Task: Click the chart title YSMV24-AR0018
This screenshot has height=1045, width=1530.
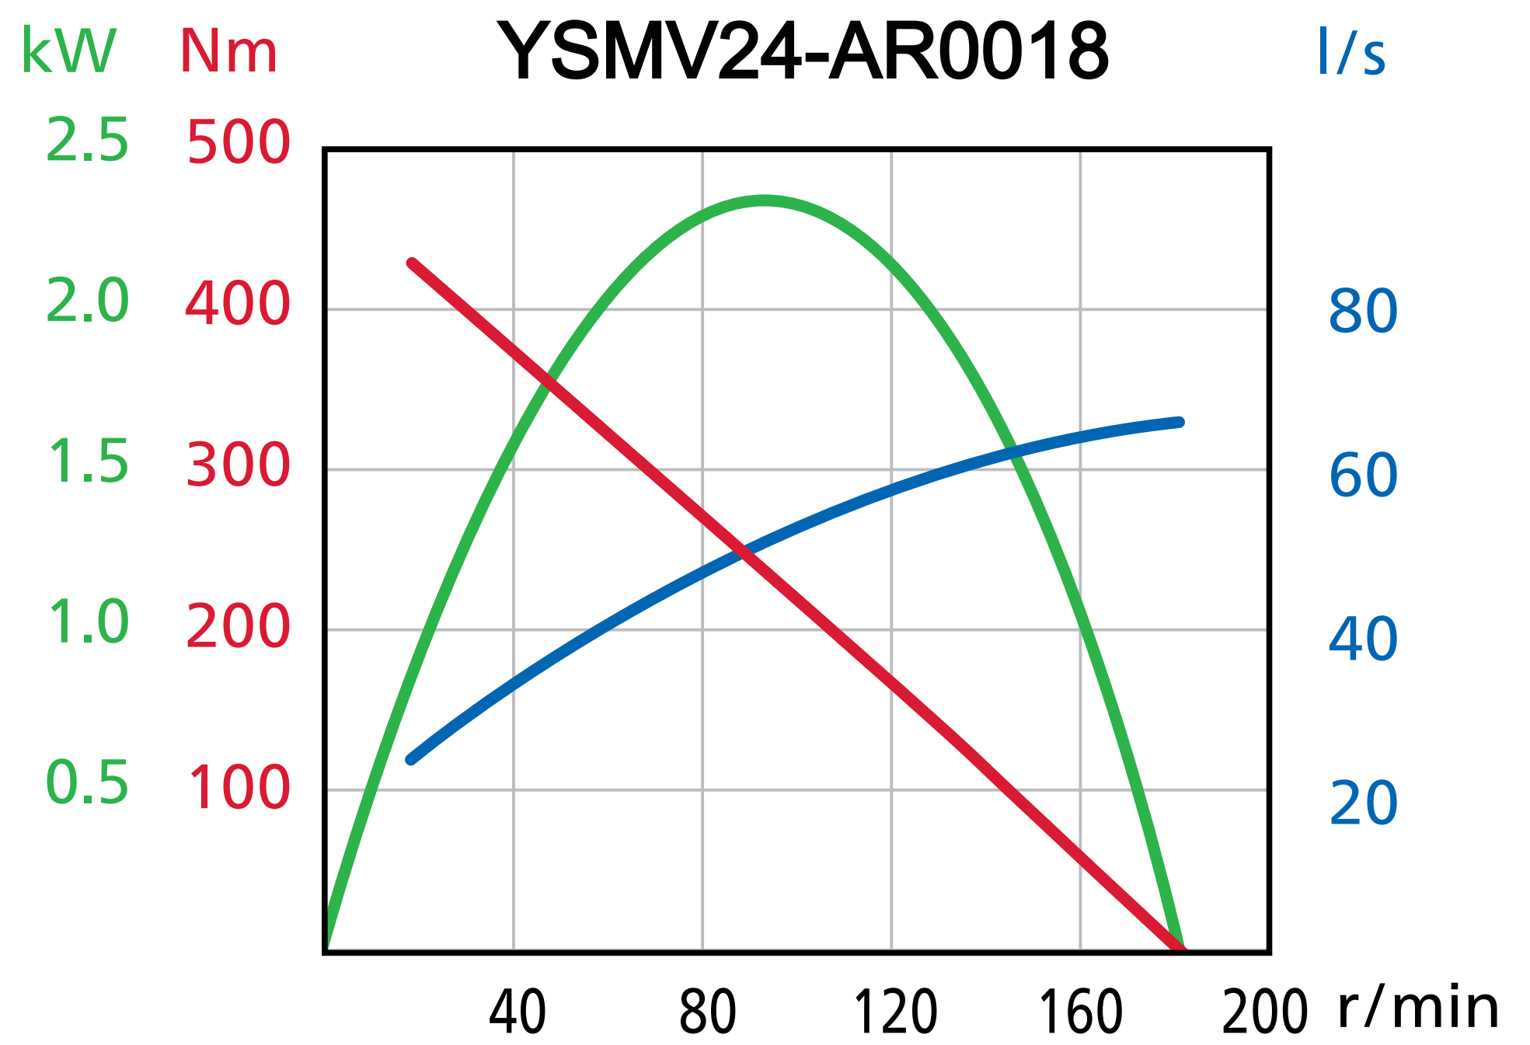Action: [x=803, y=51]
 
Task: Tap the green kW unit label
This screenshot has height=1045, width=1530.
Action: [x=68, y=51]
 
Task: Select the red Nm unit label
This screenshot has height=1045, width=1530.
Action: [x=228, y=53]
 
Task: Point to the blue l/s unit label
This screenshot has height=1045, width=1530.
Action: [x=1351, y=53]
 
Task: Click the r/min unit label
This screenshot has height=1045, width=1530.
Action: [x=1418, y=1008]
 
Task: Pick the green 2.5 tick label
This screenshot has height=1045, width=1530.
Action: [x=87, y=141]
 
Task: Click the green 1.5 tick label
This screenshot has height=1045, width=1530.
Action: [x=87, y=462]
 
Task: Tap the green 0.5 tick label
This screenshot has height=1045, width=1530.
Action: [x=87, y=782]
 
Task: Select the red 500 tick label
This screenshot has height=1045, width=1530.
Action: [x=238, y=143]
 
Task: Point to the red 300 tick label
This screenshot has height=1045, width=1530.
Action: [x=238, y=465]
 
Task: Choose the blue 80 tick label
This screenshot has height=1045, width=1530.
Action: [x=1363, y=312]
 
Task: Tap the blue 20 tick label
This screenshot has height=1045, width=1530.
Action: [x=1363, y=803]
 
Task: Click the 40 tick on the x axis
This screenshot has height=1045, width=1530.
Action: [x=518, y=1012]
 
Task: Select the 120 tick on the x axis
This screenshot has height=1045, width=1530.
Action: [x=895, y=1012]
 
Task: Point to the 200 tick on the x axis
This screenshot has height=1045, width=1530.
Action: [x=1265, y=1012]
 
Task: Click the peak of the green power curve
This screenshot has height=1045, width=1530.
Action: [x=765, y=200]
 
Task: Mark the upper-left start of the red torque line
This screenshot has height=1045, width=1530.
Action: [x=412, y=263]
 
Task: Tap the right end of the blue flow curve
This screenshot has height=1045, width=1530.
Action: [x=1180, y=423]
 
